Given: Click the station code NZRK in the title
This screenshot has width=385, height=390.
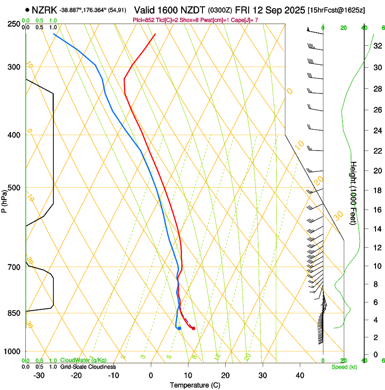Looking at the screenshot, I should pyautogui.click(x=44, y=10).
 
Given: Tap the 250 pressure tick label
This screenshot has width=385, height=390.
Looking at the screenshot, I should pyautogui.click(x=14, y=24).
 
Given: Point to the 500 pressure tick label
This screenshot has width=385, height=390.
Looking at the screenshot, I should pyautogui.click(x=14, y=188).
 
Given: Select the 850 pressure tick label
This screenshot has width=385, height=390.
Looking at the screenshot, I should pyautogui.click(x=14, y=313).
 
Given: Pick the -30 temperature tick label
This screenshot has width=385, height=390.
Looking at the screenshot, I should pyautogui.click(x=39, y=375).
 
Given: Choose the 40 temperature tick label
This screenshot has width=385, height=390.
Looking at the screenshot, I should pyautogui.click(x=299, y=375).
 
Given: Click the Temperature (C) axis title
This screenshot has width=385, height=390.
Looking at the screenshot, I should pyautogui.click(x=195, y=385).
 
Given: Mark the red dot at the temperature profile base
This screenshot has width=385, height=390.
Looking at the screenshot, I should pyautogui.click(x=193, y=328).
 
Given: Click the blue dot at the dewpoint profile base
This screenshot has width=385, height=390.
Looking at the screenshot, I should pyautogui.click(x=179, y=328).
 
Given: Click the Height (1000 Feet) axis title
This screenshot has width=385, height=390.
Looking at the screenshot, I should pyautogui.click(x=354, y=193).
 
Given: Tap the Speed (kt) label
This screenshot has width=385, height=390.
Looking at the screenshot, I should pyautogui.click(x=344, y=367).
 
